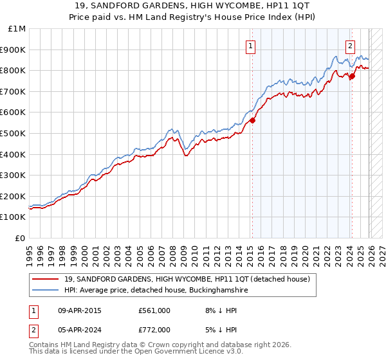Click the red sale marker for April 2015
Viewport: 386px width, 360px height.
(252, 120)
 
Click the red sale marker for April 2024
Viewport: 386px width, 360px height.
(352, 76)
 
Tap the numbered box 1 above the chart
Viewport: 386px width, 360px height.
(250, 46)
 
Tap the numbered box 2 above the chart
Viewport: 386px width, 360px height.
(350, 46)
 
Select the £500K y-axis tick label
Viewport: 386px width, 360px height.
(14, 133)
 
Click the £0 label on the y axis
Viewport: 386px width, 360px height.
(20, 238)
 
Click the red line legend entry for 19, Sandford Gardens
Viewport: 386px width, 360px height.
(187, 279)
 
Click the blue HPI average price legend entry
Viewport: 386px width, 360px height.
(155, 291)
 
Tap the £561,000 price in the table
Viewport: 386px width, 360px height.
(154, 310)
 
